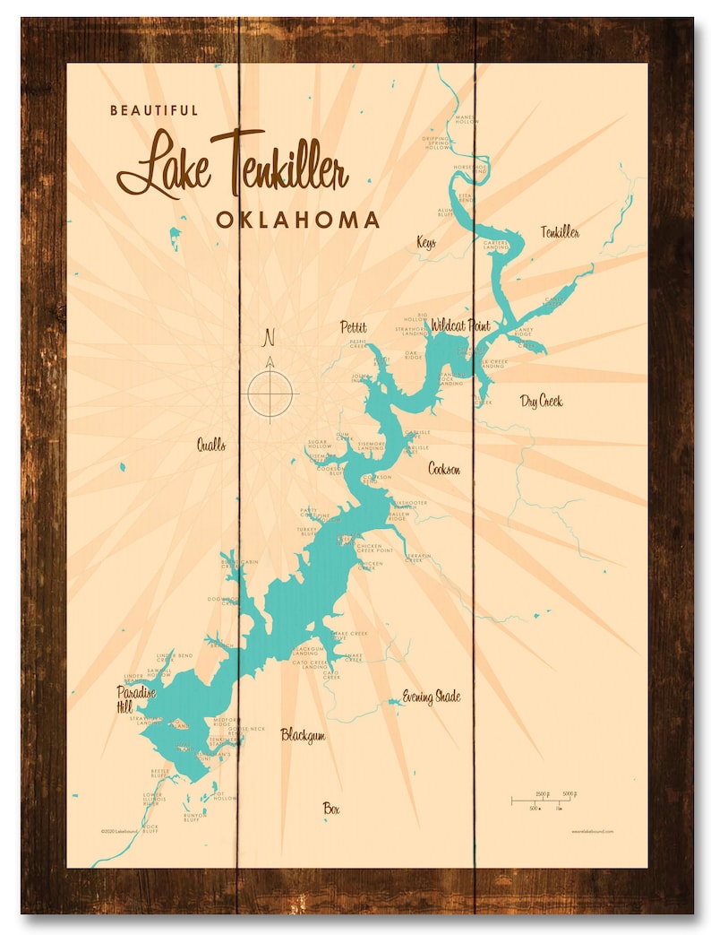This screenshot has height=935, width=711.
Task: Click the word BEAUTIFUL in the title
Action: click(154, 110)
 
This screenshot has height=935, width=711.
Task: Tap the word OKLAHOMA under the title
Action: click(297, 221)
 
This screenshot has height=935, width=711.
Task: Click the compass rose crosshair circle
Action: click(271, 393)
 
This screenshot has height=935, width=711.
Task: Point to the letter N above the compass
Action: click(267, 339)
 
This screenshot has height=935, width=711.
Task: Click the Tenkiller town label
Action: click(560, 233)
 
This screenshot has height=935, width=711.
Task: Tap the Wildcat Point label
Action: click(460, 325)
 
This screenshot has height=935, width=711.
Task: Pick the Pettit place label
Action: click(353, 326)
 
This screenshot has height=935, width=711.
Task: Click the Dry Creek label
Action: click(541, 401)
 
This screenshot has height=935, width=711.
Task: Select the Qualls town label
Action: click(211, 445)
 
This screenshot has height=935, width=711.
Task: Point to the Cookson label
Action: click(444, 468)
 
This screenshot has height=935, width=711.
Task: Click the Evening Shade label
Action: click(431, 697)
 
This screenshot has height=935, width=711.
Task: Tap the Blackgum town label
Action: click(303, 735)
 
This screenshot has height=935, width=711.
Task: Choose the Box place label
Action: click(332, 809)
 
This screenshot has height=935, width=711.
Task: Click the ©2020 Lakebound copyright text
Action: click(120, 831)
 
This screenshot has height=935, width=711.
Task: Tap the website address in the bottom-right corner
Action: click(592, 831)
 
